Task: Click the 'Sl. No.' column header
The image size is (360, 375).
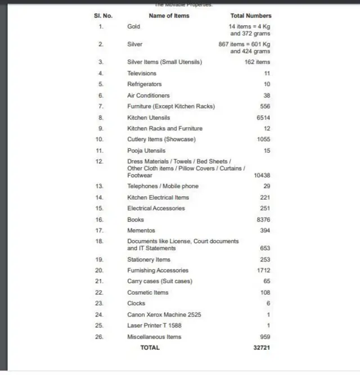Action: (x=103, y=16)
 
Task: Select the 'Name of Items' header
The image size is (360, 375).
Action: (x=169, y=16)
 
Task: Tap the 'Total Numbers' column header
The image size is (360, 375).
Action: (x=251, y=16)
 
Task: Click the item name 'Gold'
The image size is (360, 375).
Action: (x=134, y=26)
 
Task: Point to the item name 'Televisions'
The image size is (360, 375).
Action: (x=142, y=73)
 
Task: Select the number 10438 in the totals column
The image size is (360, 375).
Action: (x=262, y=175)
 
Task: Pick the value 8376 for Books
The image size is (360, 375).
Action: (x=263, y=220)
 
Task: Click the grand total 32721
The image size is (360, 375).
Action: (x=262, y=347)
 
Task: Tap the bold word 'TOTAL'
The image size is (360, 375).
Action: (x=150, y=347)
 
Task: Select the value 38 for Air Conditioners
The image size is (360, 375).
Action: (x=267, y=96)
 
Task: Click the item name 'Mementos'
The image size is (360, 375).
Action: (x=141, y=231)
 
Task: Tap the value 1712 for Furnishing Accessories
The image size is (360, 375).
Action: (x=263, y=270)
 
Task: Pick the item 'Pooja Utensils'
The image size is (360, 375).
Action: (x=146, y=151)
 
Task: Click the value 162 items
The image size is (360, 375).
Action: (x=257, y=62)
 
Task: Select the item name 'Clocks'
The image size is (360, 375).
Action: (x=136, y=303)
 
